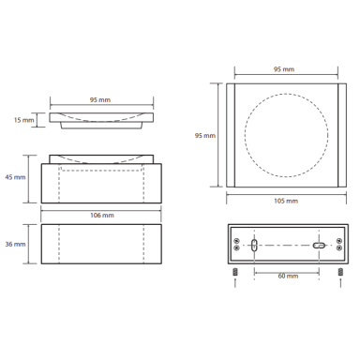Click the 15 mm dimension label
23,120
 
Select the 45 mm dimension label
15,177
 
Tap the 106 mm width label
102,216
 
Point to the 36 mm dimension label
15,244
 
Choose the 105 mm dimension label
286,201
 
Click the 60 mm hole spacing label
288,276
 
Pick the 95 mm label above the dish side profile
100,100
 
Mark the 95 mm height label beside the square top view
205,136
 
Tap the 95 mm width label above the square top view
284,69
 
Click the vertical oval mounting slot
254,245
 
